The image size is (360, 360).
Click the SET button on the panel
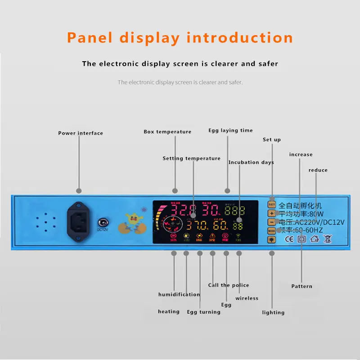272,198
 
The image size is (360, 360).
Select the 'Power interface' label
81,133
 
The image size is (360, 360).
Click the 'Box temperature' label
167,132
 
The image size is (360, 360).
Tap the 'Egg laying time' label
230,130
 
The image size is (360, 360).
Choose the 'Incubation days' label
251,162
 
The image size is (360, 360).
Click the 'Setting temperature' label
192,158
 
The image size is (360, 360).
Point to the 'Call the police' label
228,285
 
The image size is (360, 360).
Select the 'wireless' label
247,298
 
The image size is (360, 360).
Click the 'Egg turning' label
204,312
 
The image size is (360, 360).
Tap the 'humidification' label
179,295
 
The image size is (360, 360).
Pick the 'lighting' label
273,313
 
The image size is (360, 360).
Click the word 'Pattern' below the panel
301,286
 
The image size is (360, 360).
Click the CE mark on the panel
289,239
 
